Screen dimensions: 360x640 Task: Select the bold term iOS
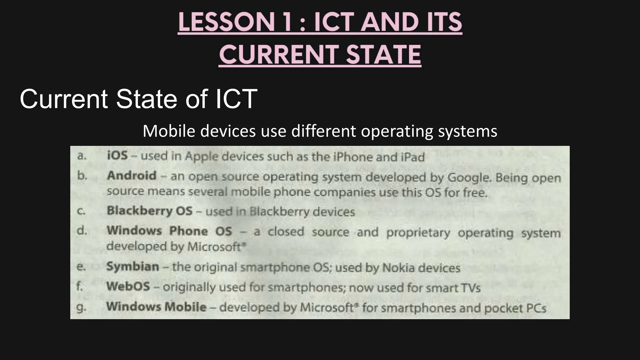click(x=117, y=155)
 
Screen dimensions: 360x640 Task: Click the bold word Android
click(x=132, y=176)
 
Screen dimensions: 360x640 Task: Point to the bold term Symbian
click(x=132, y=267)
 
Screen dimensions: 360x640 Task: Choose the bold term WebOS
click(x=128, y=286)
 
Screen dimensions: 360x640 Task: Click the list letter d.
click(x=81, y=231)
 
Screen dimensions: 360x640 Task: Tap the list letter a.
click(x=81, y=156)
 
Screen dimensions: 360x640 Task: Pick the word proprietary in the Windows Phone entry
click(x=418, y=233)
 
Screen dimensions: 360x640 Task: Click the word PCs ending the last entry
click(x=536, y=308)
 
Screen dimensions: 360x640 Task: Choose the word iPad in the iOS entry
click(x=412, y=157)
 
